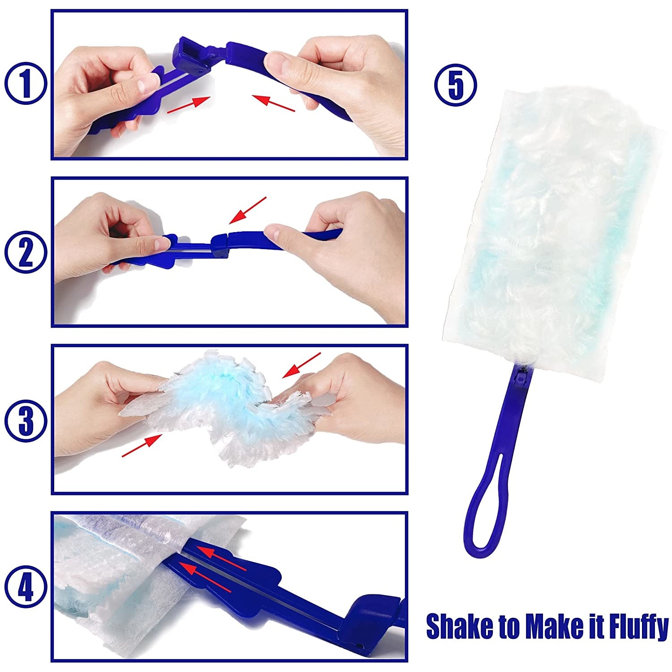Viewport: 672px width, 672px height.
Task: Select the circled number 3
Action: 26,420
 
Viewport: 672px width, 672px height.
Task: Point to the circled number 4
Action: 26,588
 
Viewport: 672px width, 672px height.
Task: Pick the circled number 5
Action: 456,85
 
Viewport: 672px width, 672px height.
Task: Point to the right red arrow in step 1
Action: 273,103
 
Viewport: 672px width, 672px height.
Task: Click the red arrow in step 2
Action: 247,210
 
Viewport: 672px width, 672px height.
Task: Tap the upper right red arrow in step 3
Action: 302,365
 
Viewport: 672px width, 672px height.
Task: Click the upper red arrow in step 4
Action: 222,558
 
